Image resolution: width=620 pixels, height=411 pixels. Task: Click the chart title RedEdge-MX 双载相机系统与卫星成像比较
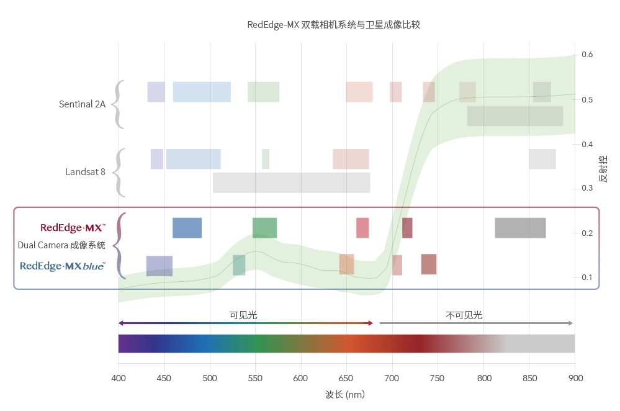tap(334, 25)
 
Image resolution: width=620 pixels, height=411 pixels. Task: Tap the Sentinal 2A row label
tap(82, 104)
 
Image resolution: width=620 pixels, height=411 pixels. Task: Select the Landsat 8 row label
tap(85, 172)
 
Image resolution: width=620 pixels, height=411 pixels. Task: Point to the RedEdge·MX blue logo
tap(63, 266)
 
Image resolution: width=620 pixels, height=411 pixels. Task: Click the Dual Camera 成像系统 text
tap(61, 245)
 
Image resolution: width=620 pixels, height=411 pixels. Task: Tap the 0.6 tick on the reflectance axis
tap(586, 55)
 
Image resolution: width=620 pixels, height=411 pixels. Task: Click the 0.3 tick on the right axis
tap(586, 188)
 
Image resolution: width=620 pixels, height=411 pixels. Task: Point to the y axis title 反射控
tap(603, 168)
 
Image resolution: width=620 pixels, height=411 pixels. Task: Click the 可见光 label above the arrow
tap(243, 315)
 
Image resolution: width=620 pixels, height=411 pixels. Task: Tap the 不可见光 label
tap(464, 315)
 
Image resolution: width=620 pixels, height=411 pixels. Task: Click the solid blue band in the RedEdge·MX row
tap(187, 228)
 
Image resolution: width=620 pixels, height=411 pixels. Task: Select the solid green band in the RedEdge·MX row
tap(264, 228)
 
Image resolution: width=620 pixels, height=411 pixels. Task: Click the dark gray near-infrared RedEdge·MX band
tap(520, 228)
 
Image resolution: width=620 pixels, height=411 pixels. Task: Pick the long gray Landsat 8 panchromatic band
tap(291, 183)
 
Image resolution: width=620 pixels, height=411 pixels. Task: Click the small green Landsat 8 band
tap(266, 159)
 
